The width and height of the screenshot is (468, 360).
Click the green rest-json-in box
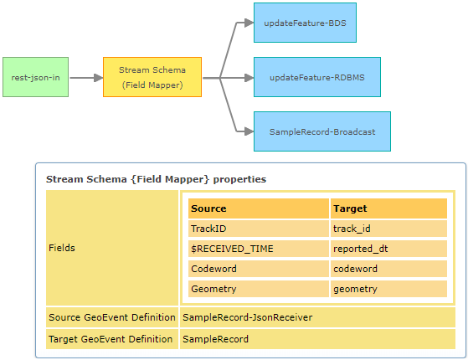click(35, 77)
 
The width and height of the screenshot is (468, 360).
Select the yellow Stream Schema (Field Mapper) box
click(152, 77)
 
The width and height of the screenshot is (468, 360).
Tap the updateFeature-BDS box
click(305, 23)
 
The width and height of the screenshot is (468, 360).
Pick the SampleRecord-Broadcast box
click(321, 131)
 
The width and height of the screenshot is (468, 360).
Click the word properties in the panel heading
click(242, 178)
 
